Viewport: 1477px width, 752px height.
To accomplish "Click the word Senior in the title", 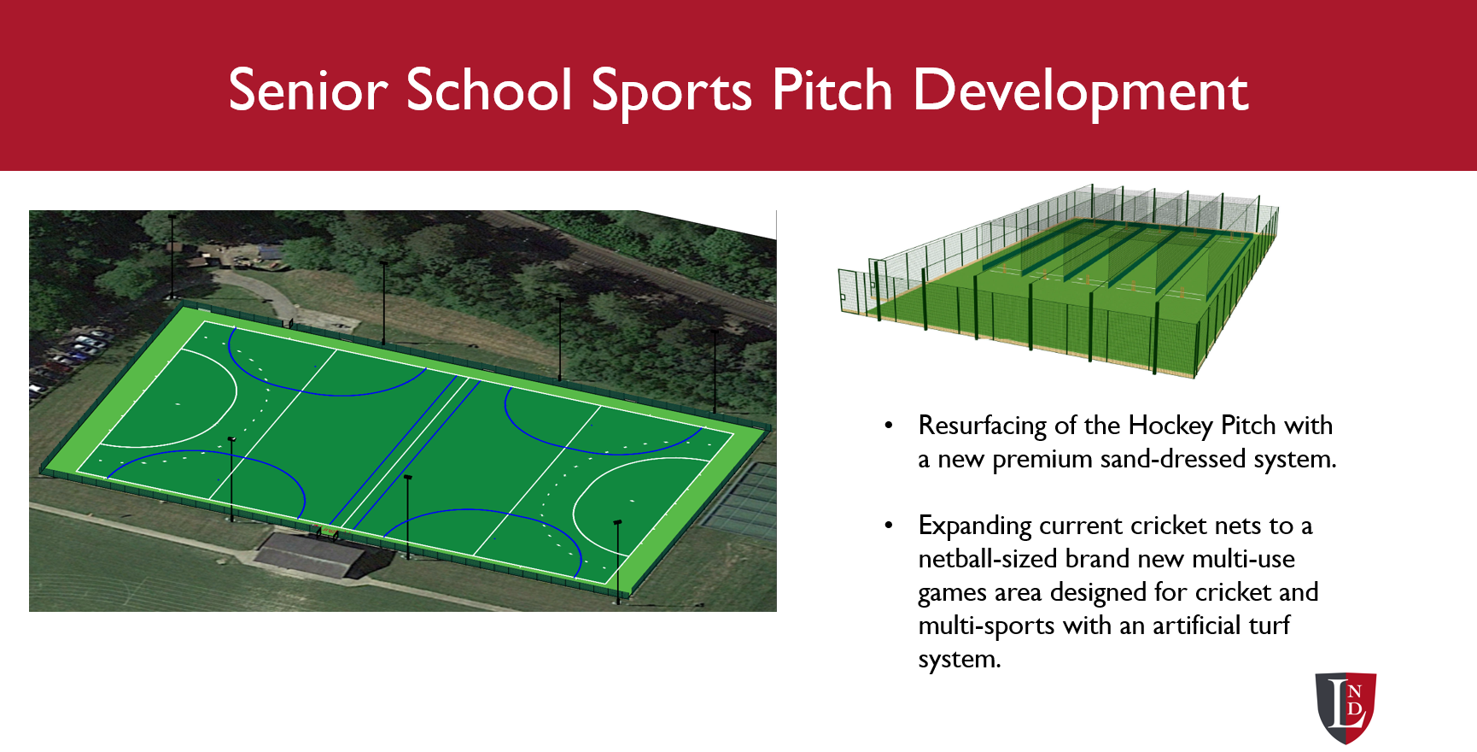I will [x=308, y=91].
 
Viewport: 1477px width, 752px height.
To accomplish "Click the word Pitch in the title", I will [x=832, y=91].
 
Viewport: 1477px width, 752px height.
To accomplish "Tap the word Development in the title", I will [x=1080, y=91].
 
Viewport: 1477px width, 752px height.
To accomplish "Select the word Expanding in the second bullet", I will [x=975, y=526].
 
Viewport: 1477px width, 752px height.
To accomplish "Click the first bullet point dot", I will [x=889, y=425].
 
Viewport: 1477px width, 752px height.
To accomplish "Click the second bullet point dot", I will [x=889, y=526].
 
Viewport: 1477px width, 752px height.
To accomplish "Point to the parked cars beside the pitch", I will [x=73, y=359].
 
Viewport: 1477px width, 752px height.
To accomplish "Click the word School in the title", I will [x=489, y=91].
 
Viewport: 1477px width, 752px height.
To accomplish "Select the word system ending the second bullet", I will [x=959, y=660].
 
